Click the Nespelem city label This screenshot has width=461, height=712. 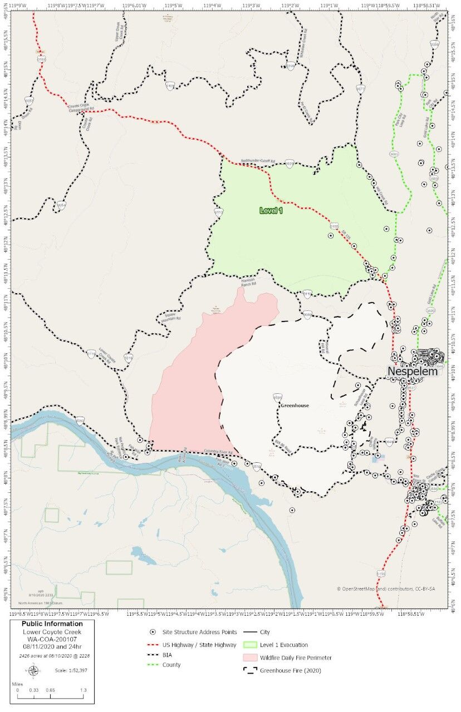click(x=413, y=371)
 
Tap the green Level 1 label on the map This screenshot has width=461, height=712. click(x=271, y=210)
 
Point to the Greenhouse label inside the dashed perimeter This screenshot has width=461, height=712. click(x=295, y=406)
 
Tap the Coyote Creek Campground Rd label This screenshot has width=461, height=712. click(x=82, y=107)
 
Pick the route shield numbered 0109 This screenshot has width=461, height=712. click(x=290, y=66)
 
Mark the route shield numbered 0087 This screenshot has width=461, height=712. click(x=29, y=101)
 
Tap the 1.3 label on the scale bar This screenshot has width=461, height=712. click(x=83, y=690)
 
